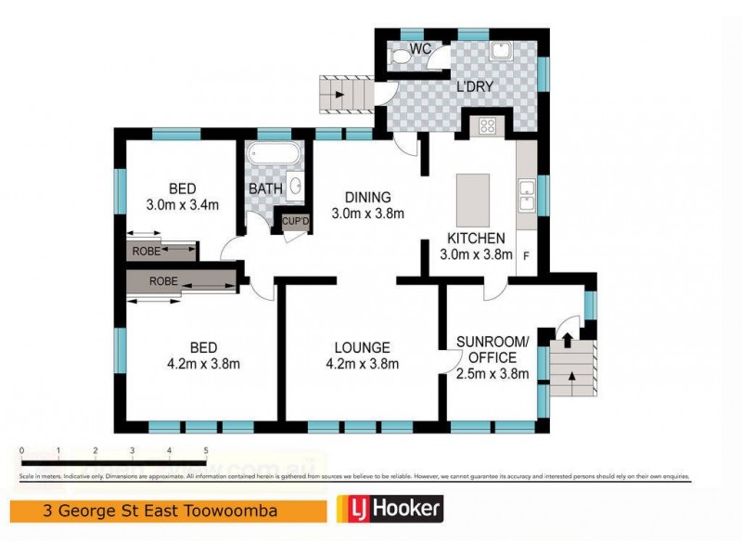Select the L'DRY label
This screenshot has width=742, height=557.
coord(473,87)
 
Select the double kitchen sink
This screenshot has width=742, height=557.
coord(526,197)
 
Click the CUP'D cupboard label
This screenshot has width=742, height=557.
coord(295,221)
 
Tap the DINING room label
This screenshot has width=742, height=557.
coord(368,197)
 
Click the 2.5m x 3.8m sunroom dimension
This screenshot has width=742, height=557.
coord(493,374)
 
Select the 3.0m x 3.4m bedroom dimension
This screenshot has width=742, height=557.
coord(182,204)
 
